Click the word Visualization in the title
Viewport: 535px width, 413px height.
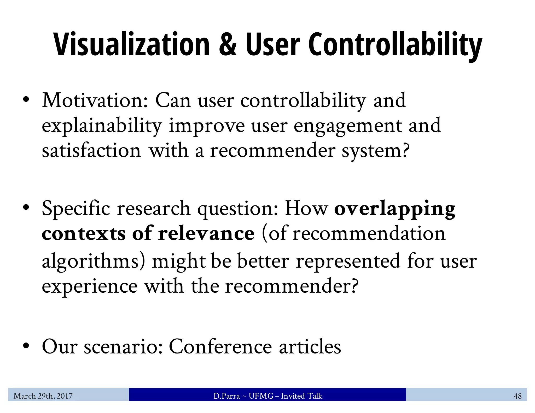point(131,44)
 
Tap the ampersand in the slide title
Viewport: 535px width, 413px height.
point(228,44)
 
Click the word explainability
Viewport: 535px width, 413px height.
point(102,126)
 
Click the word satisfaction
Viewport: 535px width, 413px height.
point(91,151)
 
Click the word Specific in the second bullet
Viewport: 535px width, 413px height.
point(76,209)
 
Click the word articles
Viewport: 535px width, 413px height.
point(310,347)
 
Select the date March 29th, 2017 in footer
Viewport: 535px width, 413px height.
point(43,396)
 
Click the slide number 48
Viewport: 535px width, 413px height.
point(517,396)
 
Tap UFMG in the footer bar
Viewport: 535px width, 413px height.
point(261,396)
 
